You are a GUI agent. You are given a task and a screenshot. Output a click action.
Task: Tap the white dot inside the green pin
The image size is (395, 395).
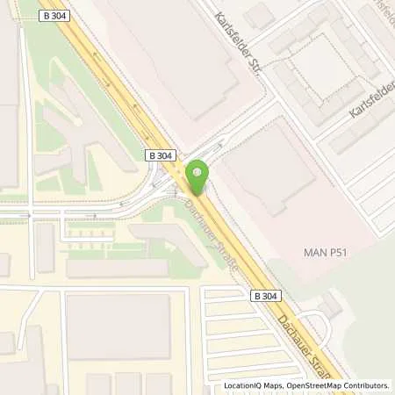[x=197, y=172]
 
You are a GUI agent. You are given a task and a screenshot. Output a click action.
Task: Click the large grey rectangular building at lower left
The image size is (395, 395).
[x=118, y=327]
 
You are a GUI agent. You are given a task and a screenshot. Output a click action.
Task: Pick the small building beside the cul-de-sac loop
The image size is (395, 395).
[x=331, y=303]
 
